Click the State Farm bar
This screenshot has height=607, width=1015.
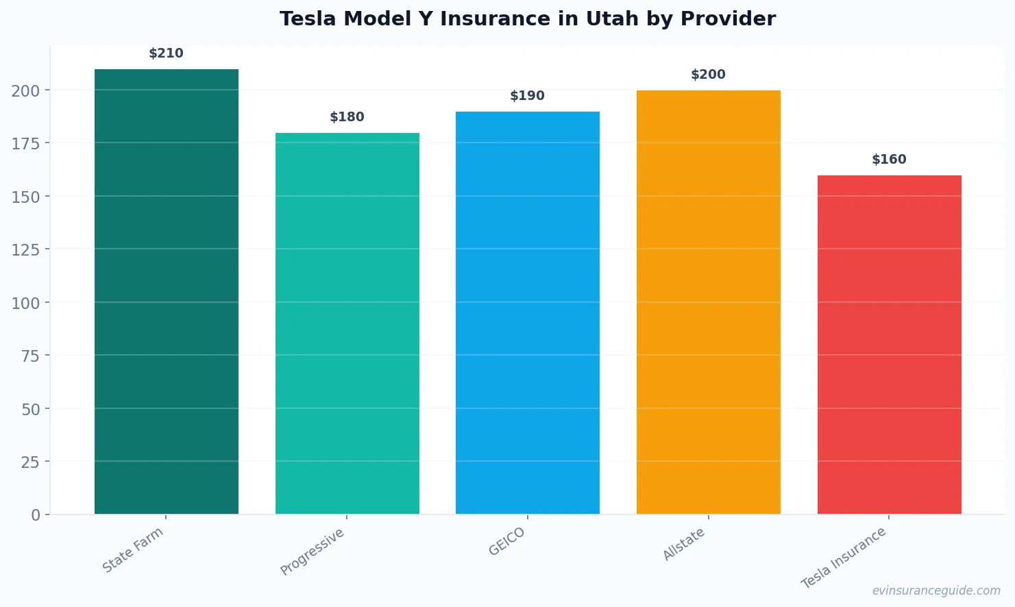pos(167,291)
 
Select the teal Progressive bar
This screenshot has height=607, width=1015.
pos(347,323)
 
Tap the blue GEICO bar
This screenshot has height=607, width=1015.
pos(528,312)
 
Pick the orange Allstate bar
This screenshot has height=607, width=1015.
pos(708,302)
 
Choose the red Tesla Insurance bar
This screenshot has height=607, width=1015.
pos(889,345)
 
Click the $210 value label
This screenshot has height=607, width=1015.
pos(166,53)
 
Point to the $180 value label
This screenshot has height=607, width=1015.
pos(347,117)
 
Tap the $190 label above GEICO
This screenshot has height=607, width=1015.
pos(527,96)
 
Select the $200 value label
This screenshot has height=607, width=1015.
pos(708,75)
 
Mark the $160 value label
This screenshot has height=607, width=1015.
pos(889,160)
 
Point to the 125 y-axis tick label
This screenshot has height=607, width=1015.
pos(25,250)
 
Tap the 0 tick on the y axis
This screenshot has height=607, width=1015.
pos(36,515)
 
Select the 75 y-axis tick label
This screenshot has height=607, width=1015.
pos(30,356)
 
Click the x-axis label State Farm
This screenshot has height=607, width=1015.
pos(133,550)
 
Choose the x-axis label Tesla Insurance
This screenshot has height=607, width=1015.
pos(844,558)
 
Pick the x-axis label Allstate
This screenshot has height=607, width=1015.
pos(684,545)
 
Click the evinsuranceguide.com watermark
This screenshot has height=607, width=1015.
pos(936,591)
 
